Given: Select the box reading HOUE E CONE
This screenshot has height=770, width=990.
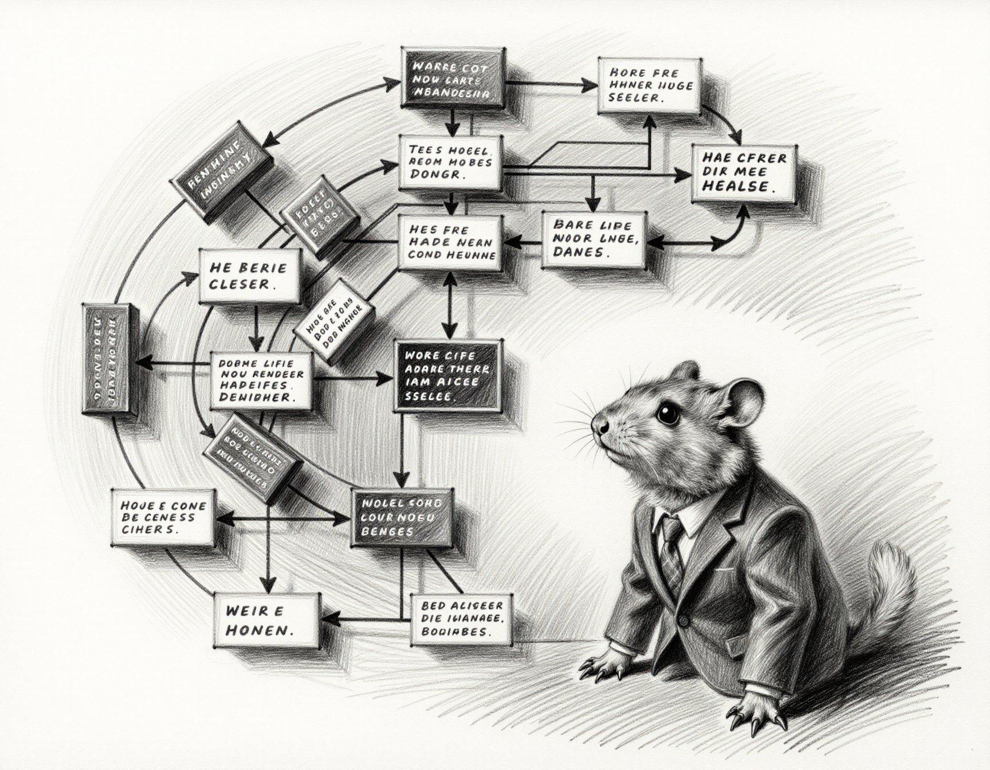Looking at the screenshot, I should point(163,517).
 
